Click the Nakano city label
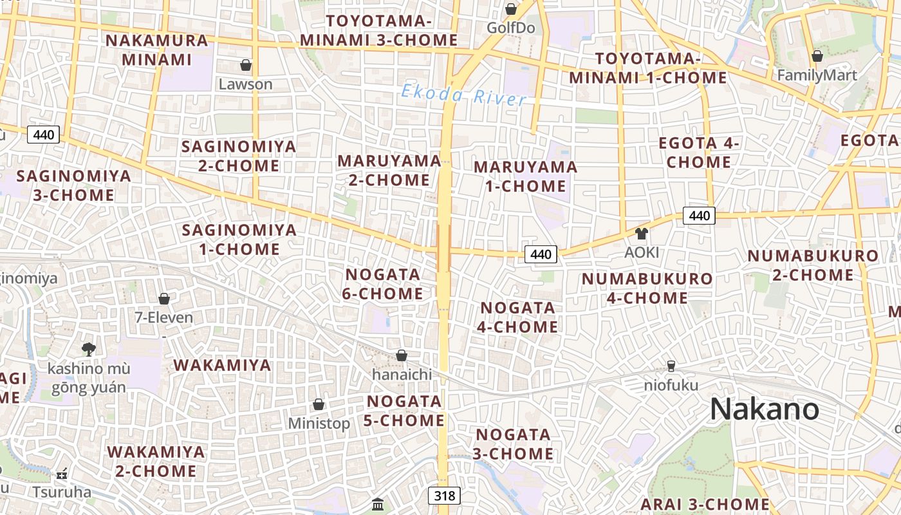(765, 409)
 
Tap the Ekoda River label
(463, 95)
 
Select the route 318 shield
(444, 495)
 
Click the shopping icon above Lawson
(246, 65)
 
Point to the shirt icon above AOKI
(641, 234)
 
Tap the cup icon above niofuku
(671, 366)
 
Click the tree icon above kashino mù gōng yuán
(89, 350)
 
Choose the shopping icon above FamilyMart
(817, 57)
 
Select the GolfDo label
(510, 28)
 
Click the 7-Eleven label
(163, 317)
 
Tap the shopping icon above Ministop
(318, 404)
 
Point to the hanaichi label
(402, 374)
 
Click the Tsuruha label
(62, 492)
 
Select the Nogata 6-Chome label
(384, 284)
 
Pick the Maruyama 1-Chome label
(525, 176)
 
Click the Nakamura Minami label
(157, 50)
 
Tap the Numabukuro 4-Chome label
(647, 288)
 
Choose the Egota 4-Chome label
(699, 153)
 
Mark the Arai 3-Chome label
(705, 504)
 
